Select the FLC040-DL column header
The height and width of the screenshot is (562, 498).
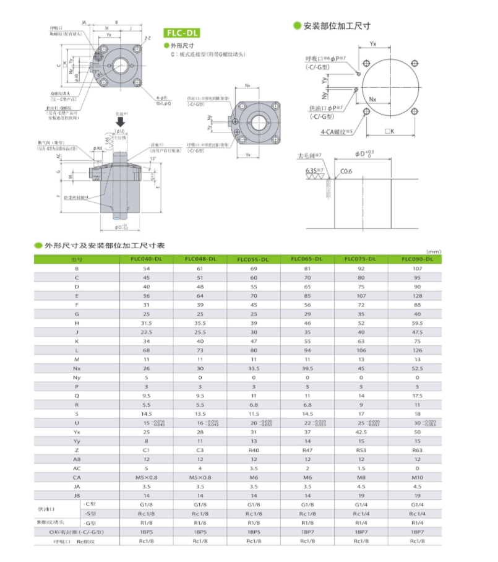pyautogui.click(x=147, y=259)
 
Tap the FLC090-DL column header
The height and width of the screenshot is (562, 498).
pyautogui.click(x=417, y=259)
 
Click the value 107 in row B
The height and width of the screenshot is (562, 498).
pyautogui.click(x=417, y=269)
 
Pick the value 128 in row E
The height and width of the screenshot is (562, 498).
pyautogui.click(x=417, y=296)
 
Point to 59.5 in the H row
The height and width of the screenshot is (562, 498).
pyautogui.click(x=417, y=323)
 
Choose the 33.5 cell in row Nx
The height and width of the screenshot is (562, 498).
pyautogui.click(x=255, y=368)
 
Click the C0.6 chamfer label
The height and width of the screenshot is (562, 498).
pyautogui.click(x=345, y=171)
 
